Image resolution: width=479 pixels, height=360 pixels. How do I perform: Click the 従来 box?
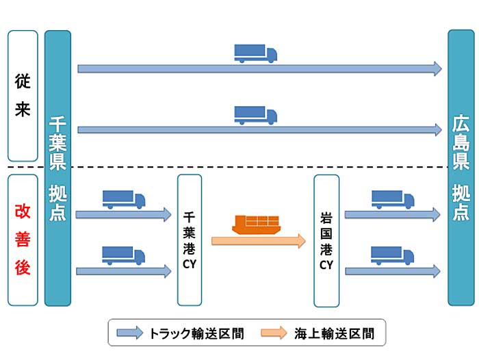(x=23, y=95)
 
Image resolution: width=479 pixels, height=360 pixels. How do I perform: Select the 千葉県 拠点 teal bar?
(x=57, y=168)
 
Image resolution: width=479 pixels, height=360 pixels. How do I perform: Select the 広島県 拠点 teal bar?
(x=461, y=168)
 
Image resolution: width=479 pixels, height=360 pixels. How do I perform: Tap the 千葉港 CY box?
(x=190, y=240)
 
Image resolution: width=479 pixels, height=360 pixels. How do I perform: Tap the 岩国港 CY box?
(x=326, y=240)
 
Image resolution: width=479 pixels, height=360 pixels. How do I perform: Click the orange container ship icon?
(x=257, y=223)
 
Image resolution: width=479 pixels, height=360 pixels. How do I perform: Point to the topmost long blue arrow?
(x=259, y=68)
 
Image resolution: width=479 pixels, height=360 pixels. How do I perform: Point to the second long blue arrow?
(x=259, y=129)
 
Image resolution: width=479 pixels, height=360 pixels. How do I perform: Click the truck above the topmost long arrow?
(x=255, y=53)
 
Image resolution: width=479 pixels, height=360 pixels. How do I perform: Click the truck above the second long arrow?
(x=255, y=115)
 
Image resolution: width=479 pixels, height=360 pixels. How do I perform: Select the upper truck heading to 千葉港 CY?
(x=124, y=199)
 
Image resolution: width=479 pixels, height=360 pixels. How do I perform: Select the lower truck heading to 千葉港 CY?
(x=124, y=255)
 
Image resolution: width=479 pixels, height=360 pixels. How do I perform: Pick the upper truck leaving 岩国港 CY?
(x=393, y=199)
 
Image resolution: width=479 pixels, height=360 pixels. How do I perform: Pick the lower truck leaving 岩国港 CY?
(x=393, y=255)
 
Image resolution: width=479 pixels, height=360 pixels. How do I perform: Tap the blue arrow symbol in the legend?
(x=129, y=334)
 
